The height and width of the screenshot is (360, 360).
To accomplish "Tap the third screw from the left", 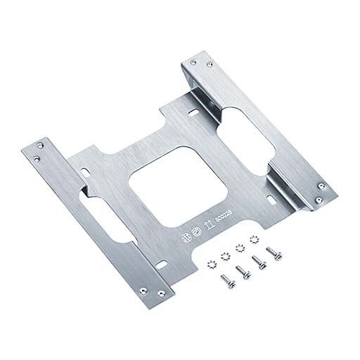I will point(257,262).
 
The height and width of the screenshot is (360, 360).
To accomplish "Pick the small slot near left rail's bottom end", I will point(163,265).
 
